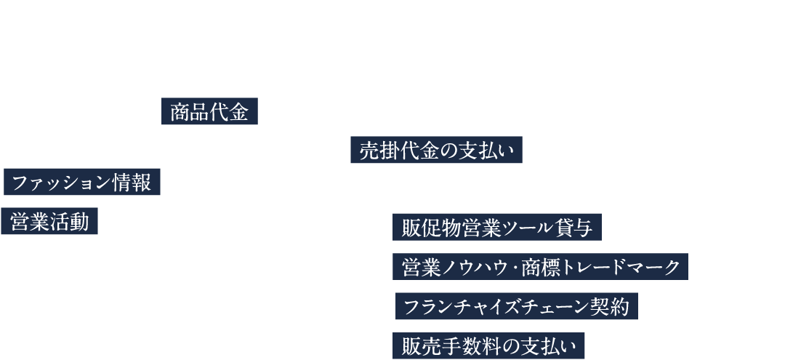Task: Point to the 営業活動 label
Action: coord(50,222)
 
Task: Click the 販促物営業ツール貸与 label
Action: coord(497,228)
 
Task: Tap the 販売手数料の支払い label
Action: coord(488,345)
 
